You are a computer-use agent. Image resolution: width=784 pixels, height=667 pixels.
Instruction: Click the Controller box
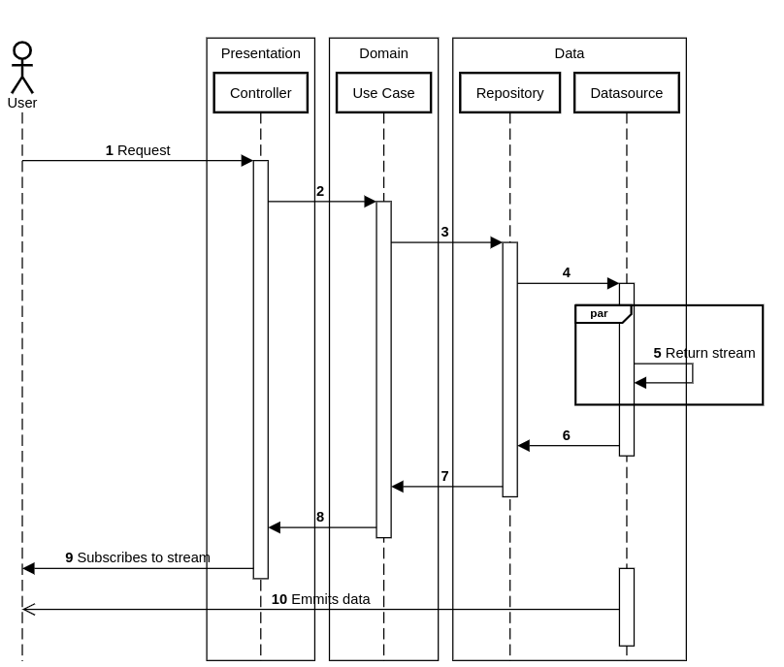[x=260, y=93]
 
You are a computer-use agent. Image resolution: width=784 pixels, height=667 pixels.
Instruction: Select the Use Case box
[x=383, y=93]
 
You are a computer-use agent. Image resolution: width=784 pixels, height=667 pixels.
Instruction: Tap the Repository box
[x=509, y=93]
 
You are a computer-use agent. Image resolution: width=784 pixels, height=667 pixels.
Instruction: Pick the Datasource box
[x=626, y=93]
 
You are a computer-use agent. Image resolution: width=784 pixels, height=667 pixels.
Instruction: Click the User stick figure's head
[x=22, y=50]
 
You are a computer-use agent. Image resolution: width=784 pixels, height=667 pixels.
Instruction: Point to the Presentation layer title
[x=260, y=53]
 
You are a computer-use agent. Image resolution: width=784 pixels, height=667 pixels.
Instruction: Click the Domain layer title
[x=383, y=53]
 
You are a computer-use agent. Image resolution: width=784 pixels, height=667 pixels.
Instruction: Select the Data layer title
[x=569, y=53]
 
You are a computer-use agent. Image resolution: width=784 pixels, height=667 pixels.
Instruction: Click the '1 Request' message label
[x=138, y=150]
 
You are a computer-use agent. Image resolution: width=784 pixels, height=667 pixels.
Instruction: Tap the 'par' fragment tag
[x=600, y=313]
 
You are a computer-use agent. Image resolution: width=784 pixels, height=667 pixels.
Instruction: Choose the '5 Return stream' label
[x=703, y=353]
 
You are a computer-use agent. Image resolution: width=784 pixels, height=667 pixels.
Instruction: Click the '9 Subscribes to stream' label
[x=138, y=557]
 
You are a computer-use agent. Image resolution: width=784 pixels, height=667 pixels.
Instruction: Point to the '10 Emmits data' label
[x=320, y=599]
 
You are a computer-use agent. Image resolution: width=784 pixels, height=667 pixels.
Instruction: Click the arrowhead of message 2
[x=370, y=202]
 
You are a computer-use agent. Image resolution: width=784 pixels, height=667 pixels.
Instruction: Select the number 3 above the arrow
[x=444, y=232]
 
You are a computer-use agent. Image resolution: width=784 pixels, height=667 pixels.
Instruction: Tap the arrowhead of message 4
[x=612, y=283]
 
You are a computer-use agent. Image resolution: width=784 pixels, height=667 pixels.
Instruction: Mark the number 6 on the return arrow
[x=566, y=435]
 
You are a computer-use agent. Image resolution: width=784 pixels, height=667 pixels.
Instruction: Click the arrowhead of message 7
[x=398, y=487]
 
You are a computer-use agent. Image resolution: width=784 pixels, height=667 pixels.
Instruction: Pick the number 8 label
[x=320, y=517]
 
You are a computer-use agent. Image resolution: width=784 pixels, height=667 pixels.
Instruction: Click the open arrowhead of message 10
[x=28, y=610]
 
